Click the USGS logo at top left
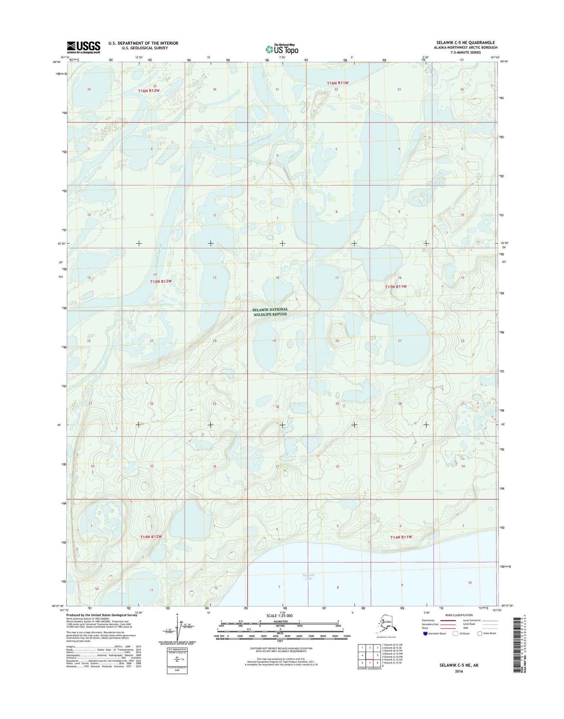pyautogui.click(x=83, y=47)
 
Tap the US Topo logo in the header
pyautogui.click(x=282, y=49)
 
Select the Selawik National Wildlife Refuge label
pyautogui.click(x=270, y=312)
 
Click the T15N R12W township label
pyautogui.click(x=161, y=281)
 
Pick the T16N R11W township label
pyautogui.click(x=338, y=83)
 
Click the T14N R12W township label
pyautogui.click(x=151, y=536)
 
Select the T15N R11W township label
pyautogui.click(x=396, y=287)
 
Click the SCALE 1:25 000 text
pyautogui.click(x=279, y=616)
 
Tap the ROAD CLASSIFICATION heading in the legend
pyautogui.click(x=459, y=615)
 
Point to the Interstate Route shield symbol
pyautogui.click(x=425, y=634)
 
